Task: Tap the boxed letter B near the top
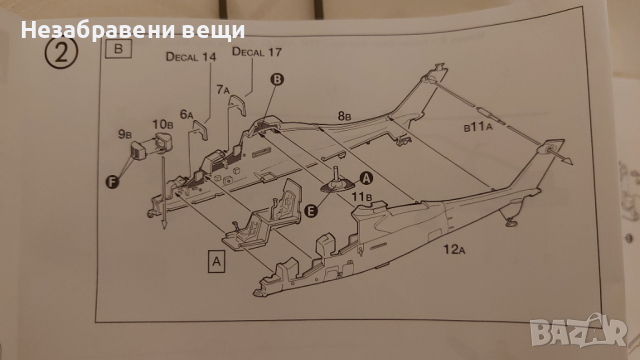[x=120, y=47]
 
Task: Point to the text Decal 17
[x=256, y=51]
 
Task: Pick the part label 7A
[x=225, y=90]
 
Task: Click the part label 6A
[x=186, y=113]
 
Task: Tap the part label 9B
[x=125, y=131]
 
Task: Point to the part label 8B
[x=344, y=117]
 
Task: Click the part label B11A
[x=479, y=129]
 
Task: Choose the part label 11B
[x=360, y=197]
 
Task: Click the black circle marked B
[x=277, y=78]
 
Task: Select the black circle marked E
[x=313, y=209]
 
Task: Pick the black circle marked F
[x=112, y=180]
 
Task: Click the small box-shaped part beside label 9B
[x=140, y=151]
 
